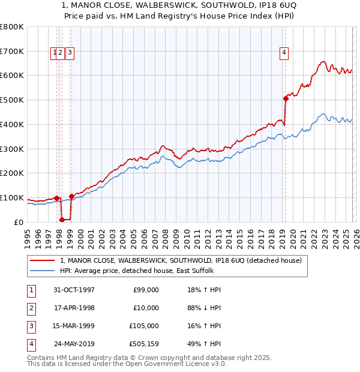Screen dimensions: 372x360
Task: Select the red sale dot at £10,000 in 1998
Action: tap(62, 220)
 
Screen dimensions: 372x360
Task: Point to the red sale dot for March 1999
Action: tap(71, 196)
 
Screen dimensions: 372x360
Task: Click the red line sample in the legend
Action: tap(42, 260)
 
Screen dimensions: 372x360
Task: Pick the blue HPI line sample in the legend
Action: tap(42, 271)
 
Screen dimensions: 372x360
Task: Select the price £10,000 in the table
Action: tap(146, 308)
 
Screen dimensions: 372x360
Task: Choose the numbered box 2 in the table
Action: tap(31, 308)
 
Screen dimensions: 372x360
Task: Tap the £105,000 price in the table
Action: tap(144, 326)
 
